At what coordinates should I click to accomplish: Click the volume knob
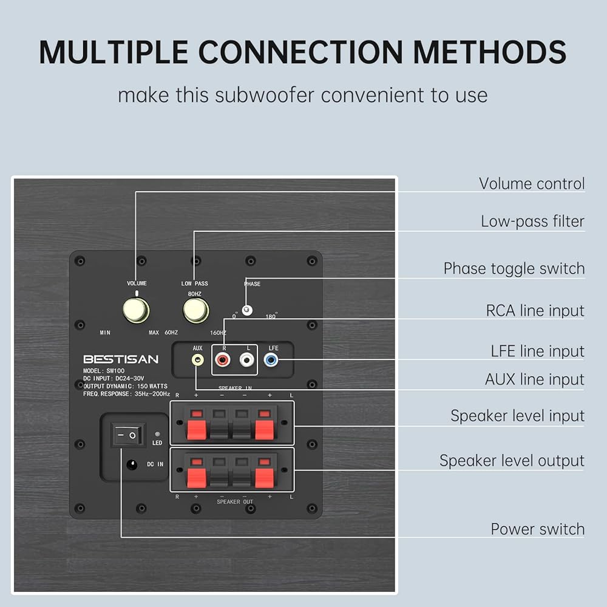pyautogui.click(x=136, y=310)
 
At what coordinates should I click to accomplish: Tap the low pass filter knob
pyautogui.click(x=196, y=310)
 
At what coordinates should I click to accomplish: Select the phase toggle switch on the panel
pyautogui.click(x=247, y=310)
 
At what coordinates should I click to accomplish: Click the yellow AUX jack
pyautogui.click(x=197, y=360)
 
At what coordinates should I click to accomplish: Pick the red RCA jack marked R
pyautogui.click(x=223, y=360)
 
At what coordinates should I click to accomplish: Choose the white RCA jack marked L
pyautogui.click(x=246, y=360)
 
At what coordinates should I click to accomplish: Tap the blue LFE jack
pyautogui.click(x=271, y=360)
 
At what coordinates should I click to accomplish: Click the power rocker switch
pyautogui.click(x=127, y=435)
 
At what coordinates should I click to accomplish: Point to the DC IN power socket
pyautogui.click(x=132, y=464)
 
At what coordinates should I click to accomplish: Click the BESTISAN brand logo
pyautogui.click(x=121, y=359)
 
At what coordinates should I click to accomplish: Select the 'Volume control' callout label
pyautogui.click(x=532, y=183)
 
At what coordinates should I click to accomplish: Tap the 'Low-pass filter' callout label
pyautogui.click(x=532, y=222)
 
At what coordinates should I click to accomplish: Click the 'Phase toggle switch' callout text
pyautogui.click(x=514, y=268)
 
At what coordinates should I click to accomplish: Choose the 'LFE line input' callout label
pyautogui.click(x=537, y=351)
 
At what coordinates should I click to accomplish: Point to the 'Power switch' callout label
pyautogui.click(x=537, y=529)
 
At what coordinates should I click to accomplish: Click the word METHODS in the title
pyautogui.click(x=490, y=52)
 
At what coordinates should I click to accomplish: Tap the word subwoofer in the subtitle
pyautogui.click(x=265, y=95)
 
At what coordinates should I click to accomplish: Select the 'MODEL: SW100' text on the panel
pyautogui.click(x=104, y=371)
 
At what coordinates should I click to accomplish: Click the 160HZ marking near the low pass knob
pyautogui.click(x=219, y=333)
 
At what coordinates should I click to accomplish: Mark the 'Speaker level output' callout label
pyautogui.click(x=512, y=461)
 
